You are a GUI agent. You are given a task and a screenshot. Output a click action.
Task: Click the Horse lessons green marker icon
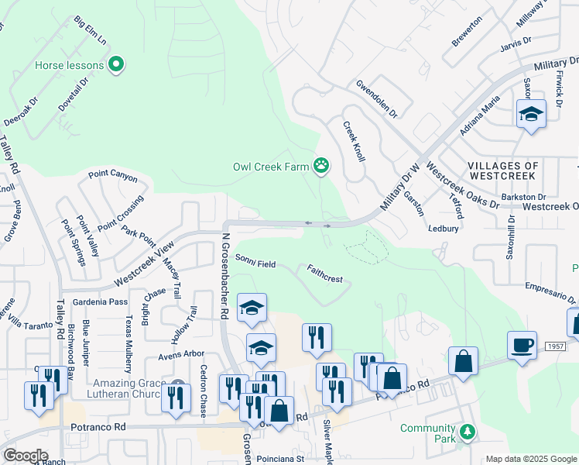click(x=116, y=64)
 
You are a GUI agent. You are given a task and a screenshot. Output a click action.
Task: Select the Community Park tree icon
click(x=466, y=432)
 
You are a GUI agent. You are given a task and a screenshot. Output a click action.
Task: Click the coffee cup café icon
click(x=522, y=345)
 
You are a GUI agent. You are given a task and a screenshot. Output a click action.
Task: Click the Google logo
click(x=26, y=456)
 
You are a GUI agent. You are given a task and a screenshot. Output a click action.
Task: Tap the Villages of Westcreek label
click(x=502, y=171)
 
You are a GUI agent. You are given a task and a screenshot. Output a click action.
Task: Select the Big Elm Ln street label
click(x=91, y=30)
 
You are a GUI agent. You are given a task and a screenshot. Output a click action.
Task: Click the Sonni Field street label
click(x=255, y=264)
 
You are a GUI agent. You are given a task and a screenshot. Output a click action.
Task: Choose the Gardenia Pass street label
click(x=100, y=301)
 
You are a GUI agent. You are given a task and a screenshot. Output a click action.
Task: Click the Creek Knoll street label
click(x=353, y=141)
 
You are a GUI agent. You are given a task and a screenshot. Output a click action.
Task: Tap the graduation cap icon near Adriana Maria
click(x=531, y=114)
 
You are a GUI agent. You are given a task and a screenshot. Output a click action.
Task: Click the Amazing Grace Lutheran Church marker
click(x=179, y=385)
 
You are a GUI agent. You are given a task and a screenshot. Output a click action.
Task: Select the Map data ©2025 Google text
click(x=530, y=459)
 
